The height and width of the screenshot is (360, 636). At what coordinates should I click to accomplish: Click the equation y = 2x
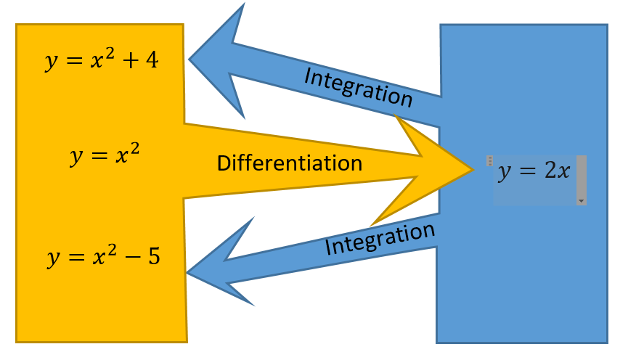(x=532, y=173)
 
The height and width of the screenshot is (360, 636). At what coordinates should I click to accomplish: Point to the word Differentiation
(x=289, y=163)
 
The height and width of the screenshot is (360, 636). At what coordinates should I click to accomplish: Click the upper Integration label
(x=359, y=87)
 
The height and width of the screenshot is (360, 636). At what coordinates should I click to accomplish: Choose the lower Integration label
(x=380, y=239)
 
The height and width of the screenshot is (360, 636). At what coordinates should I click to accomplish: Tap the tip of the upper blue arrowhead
(x=190, y=60)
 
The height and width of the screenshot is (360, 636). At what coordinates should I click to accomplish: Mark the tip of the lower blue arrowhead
(x=187, y=273)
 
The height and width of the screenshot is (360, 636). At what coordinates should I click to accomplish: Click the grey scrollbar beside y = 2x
(x=581, y=175)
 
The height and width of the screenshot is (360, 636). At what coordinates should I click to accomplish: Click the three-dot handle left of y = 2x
(x=490, y=160)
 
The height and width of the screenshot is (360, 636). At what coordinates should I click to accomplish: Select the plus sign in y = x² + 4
(x=130, y=61)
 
